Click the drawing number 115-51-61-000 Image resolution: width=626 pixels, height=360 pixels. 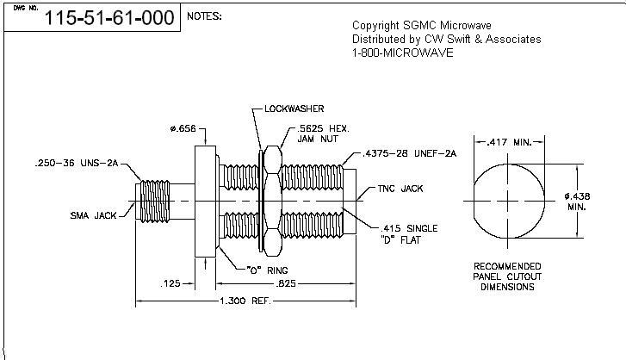point(109,18)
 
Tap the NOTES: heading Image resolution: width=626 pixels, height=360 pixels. point(204,16)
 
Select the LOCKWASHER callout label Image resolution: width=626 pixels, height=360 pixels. point(294,109)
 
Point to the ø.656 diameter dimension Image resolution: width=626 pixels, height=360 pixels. point(183,128)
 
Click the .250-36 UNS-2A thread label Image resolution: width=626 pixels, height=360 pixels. point(77,163)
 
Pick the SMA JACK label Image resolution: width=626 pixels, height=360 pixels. point(93,215)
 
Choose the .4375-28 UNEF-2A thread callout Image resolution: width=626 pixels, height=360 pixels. point(409,153)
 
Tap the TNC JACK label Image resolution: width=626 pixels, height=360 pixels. point(400,189)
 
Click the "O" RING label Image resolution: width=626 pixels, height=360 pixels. point(267,270)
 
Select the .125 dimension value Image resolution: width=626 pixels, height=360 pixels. point(170,283)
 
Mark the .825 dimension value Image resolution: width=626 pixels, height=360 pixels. point(286,283)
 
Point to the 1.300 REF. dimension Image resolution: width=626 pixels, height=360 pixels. point(245,301)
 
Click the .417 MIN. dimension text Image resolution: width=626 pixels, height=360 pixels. point(510,142)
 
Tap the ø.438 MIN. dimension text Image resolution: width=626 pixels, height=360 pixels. point(577,202)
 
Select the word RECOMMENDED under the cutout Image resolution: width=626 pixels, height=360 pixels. point(507,266)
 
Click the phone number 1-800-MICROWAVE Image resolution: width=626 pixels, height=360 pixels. point(402,53)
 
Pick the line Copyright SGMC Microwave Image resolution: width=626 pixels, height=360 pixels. point(422,26)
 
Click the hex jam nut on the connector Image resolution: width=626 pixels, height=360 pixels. point(273,201)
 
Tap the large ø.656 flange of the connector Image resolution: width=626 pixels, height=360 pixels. point(205,202)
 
